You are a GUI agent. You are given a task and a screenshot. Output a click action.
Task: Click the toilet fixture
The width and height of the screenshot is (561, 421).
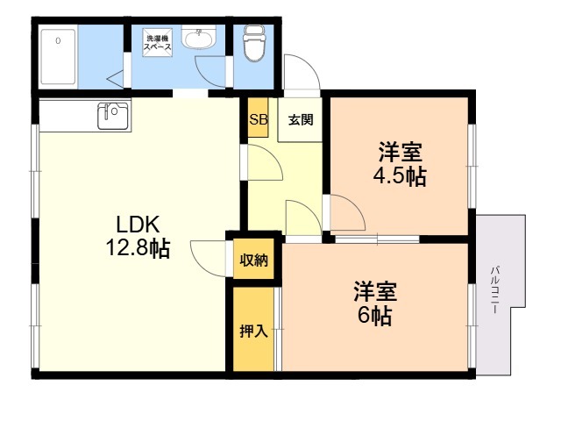[254, 43]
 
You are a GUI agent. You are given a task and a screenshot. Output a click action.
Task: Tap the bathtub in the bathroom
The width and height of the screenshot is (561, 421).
[59, 56]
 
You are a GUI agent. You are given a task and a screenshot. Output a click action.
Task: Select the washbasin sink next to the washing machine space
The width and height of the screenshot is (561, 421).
[199, 37]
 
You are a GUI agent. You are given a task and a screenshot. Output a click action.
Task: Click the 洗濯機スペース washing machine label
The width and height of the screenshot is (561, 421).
[158, 43]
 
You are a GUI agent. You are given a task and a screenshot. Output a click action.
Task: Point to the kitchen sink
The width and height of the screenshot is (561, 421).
[113, 116]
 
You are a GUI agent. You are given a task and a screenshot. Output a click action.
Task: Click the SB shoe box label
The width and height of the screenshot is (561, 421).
[259, 119]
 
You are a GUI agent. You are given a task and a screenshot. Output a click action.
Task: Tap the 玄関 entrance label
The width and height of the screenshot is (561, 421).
[301, 119]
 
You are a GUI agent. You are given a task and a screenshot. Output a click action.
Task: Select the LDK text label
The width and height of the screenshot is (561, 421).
[138, 225]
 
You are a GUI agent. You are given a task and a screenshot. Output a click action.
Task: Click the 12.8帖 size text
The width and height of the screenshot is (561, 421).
[138, 248]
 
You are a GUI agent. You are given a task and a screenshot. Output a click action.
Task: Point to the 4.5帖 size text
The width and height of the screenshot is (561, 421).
[400, 176]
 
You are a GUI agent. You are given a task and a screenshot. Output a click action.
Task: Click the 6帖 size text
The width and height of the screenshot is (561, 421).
[375, 316]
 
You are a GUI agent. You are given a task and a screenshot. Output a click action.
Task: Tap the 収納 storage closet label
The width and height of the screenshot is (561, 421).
[253, 260]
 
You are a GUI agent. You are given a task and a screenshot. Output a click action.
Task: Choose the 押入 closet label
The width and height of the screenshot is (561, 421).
[253, 331]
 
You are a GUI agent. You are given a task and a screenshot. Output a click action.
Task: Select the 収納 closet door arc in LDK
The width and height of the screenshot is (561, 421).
[201, 262]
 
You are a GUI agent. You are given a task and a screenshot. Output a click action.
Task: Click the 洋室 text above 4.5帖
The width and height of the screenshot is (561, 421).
[401, 152]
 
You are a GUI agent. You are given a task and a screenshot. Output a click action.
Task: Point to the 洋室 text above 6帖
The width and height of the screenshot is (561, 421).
[375, 291]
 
